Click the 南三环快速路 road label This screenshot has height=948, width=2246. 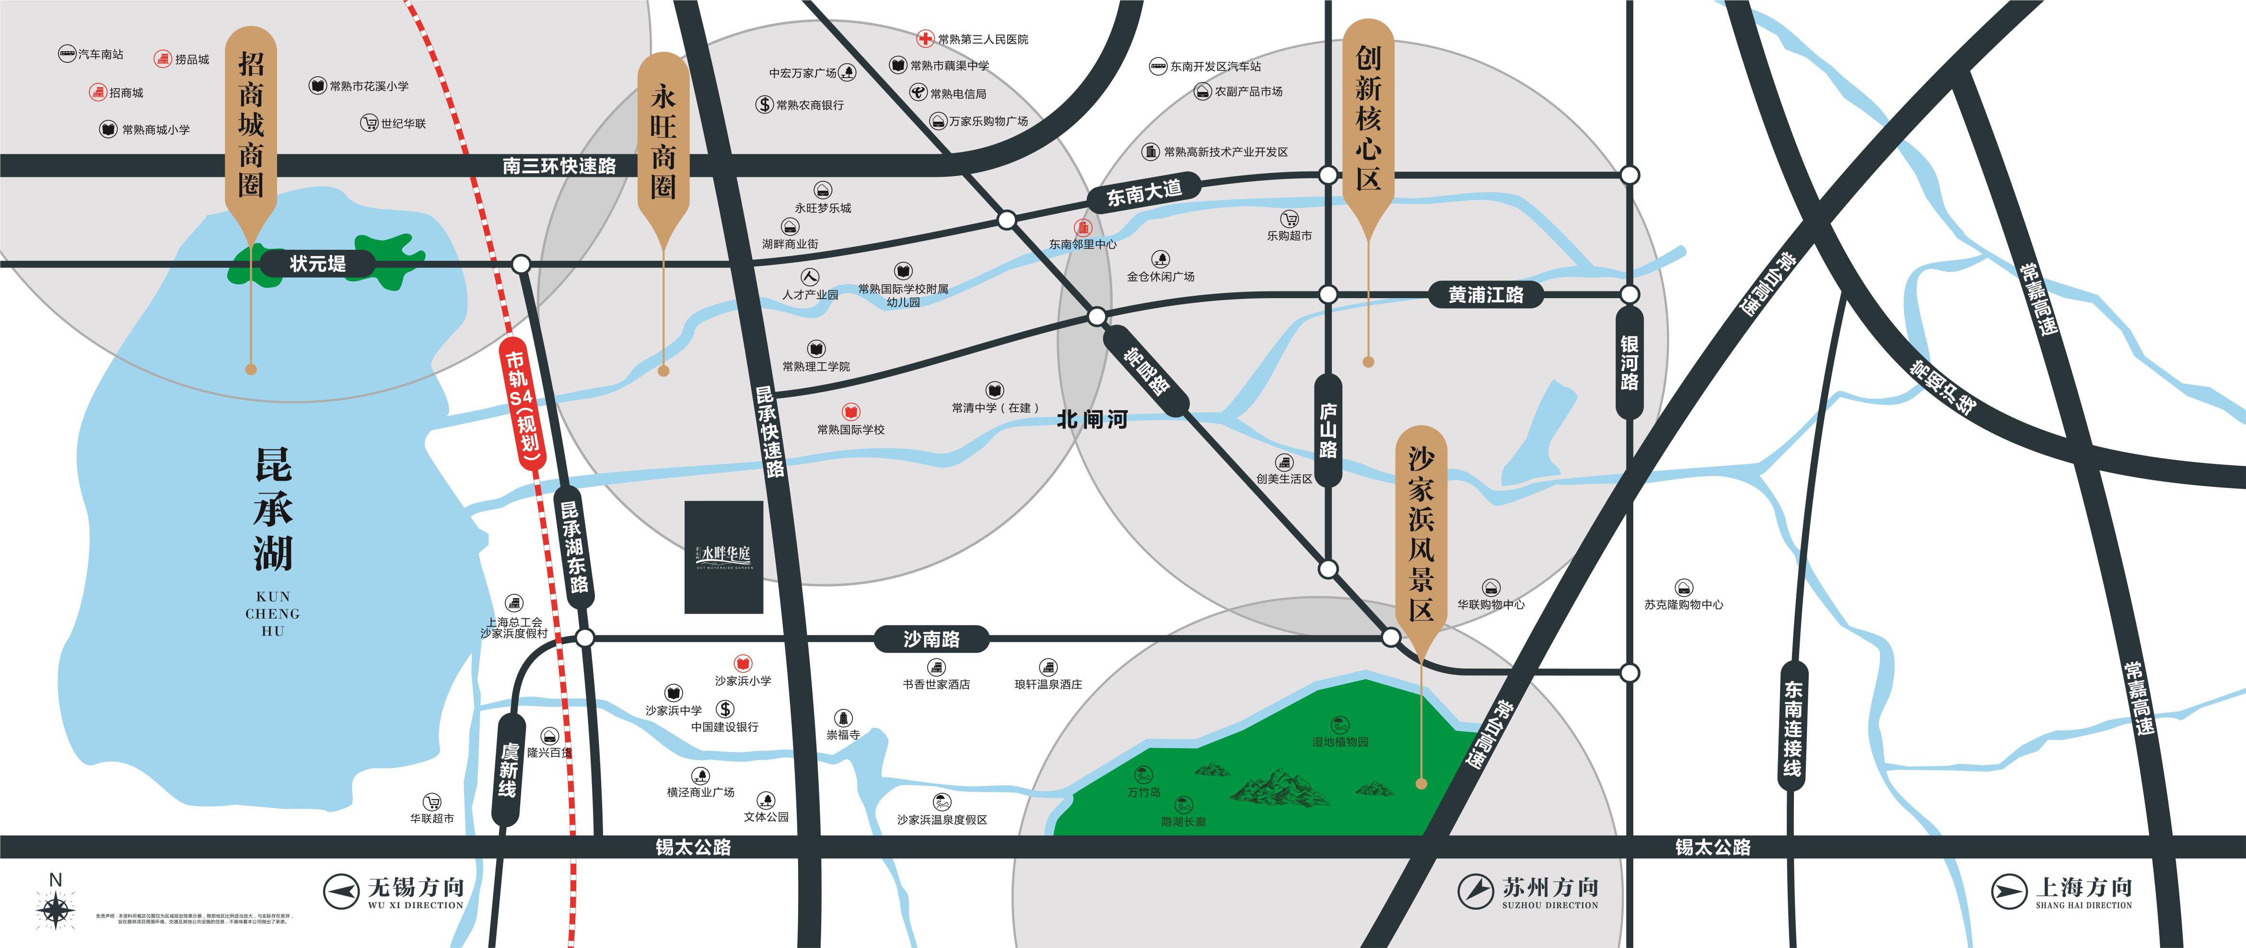tap(559, 165)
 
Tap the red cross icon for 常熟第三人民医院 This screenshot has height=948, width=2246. tap(925, 38)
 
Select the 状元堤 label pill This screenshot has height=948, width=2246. tap(317, 263)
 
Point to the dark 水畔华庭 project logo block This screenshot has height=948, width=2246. tap(724, 556)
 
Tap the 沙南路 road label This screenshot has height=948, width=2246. tap(931, 639)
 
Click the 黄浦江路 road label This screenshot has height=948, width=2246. tap(1486, 294)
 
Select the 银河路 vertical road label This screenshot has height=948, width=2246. tap(1629, 362)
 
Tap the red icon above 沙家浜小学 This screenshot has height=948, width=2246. tap(743, 664)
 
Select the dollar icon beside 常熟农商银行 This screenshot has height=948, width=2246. tap(764, 104)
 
